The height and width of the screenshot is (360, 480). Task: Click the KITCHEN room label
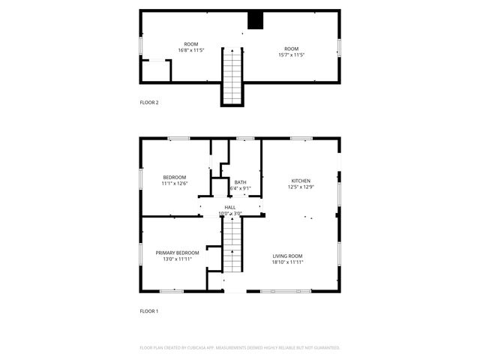click(x=301, y=181)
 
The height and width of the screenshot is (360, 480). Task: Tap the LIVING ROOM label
click(x=287, y=256)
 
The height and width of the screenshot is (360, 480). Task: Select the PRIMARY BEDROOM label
click(x=178, y=253)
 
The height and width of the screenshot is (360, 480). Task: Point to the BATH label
click(x=240, y=182)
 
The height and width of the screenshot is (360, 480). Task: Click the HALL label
click(x=230, y=208)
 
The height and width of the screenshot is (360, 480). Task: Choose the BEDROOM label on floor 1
click(x=174, y=177)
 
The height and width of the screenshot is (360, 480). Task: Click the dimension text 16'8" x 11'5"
click(x=191, y=50)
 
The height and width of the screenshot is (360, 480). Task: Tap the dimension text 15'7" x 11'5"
click(x=292, y=55)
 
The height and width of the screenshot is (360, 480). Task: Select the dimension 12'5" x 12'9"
click(x=301, y=187)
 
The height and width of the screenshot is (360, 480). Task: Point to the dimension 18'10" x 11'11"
click(x=287, y=262)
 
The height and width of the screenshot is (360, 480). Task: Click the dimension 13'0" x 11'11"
click(x=178, y=259)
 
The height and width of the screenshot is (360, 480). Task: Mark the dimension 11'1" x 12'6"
click(x=174, y=183)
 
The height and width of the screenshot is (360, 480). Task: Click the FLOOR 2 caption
click(x=149, y=103)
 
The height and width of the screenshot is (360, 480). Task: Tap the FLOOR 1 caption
click(x=149, y=310)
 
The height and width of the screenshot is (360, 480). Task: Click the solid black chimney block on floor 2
click(x=256, y=21)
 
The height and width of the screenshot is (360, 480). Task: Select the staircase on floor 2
click(x=232, y=75)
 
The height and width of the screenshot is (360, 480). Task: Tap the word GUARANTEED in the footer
click(x=325, y=348)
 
